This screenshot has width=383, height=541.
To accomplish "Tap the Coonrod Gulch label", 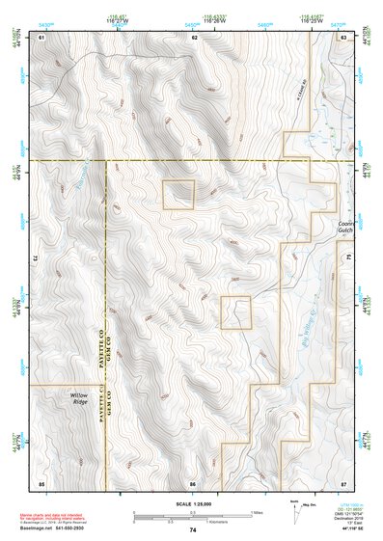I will tap(345, 226).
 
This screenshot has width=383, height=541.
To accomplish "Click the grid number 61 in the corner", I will tap(41, 37).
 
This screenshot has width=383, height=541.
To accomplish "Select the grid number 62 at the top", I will tap(194, 37).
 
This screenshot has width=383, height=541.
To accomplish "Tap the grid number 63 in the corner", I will tap(342, 37).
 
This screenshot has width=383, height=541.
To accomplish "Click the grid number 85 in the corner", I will tap(41, 481).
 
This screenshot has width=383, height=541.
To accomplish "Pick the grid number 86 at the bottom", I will tap(194, 481).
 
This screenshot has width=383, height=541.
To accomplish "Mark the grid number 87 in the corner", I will tap(342, 481).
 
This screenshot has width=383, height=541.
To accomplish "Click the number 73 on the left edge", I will tap(37, 258).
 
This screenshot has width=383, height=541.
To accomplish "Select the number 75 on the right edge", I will tap(347, 258).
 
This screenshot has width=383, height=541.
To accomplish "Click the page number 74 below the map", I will tap(193, 530).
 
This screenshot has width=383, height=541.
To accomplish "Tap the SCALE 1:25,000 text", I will tap(193, 504).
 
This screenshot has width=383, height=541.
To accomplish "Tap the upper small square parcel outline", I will tap(178, 194).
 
